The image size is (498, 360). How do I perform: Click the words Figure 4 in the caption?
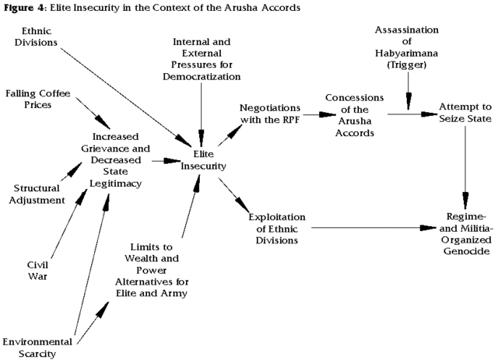click(22, 8)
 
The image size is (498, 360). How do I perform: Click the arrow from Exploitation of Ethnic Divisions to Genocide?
click(373, 229)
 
